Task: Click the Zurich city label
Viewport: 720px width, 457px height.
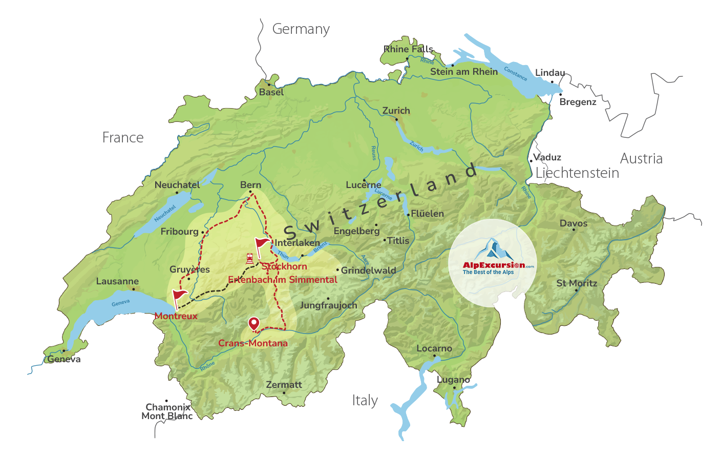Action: [396, 111]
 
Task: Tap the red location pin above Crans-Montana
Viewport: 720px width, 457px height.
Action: [253, 324]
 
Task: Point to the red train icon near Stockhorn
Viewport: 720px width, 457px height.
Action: [249, 258]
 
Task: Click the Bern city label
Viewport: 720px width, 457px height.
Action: [250, 185]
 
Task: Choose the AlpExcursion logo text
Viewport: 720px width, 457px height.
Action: [494, 265]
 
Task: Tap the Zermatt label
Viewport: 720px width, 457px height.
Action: [284, 385]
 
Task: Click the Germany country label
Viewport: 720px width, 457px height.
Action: [301, 30]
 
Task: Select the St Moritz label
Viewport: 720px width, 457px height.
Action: [577, 283]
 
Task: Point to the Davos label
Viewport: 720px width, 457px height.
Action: [573, 223]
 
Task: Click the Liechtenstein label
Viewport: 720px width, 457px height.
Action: [577, 173]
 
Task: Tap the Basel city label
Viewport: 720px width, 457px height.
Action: [271, 92]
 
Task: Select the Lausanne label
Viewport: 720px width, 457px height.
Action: [117, 281]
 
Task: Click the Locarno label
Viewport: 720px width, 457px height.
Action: [434, 348]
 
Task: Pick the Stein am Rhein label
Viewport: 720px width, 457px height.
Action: [463, 72]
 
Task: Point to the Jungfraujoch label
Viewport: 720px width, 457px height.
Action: [328, 305]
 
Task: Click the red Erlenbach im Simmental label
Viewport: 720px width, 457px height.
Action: [282, 280]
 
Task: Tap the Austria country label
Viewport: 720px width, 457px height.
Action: [641, 159]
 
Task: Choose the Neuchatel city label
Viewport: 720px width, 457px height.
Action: [177, 185]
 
